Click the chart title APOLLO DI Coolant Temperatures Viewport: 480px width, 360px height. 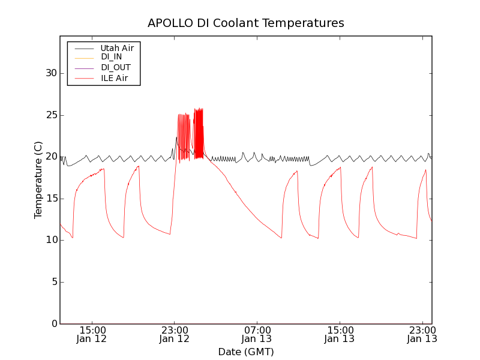[246, 23]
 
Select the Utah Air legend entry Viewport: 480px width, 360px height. [117, 47]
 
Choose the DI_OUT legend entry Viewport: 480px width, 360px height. [115, 67]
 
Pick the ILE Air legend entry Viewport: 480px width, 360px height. [114, 78]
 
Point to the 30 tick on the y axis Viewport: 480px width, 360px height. [51, 73]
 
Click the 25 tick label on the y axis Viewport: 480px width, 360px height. [51, 115]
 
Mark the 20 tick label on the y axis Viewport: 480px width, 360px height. [51, 157]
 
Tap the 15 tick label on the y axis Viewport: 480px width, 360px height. [51, 199]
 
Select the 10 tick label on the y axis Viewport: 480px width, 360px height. [51, 240]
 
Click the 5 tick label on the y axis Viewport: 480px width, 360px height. [54, 282]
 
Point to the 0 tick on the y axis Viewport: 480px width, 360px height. [54, 324]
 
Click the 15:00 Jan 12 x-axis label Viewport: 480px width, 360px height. [92, 335]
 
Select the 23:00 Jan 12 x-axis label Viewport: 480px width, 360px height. [175, 335]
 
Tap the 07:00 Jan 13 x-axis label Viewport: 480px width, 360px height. [257, 335]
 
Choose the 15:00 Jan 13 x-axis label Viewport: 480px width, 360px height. [340, 335]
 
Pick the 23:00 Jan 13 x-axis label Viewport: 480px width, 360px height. [422, 335]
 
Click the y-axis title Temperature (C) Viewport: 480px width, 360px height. [38, 180]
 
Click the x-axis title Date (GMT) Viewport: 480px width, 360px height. [246, 352]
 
